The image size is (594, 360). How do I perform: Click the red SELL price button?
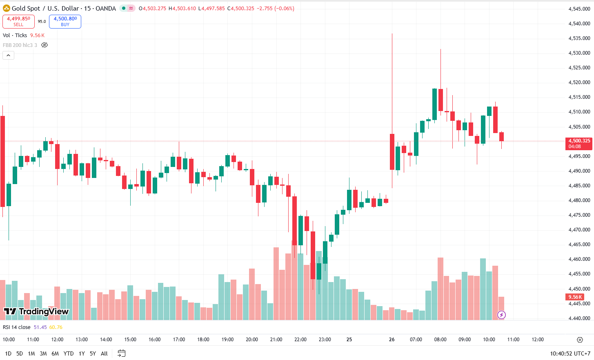point(18,21)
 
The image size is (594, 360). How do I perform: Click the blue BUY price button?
point(65,21)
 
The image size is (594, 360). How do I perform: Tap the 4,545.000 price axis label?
point(579,9)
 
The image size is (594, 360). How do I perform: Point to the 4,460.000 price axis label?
point(579,259)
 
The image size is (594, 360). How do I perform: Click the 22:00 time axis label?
point(300,340)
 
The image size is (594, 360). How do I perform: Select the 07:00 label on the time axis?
point(416,340)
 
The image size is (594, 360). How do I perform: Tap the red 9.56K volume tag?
point(575,297)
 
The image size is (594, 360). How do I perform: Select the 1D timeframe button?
point(8,353)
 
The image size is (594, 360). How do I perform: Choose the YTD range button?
point(69,353)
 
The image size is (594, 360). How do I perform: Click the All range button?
point(104,353)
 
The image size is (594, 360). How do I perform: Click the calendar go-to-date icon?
point(121,353)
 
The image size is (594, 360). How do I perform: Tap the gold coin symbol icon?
point(7,8)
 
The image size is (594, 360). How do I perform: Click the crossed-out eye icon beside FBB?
point(44,45)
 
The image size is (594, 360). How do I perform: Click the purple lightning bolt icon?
point(501,315)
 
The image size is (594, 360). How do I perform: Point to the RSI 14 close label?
point(17,327)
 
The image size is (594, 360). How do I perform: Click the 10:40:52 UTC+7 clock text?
point(570,353)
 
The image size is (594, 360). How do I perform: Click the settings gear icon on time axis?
point(580,340)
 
